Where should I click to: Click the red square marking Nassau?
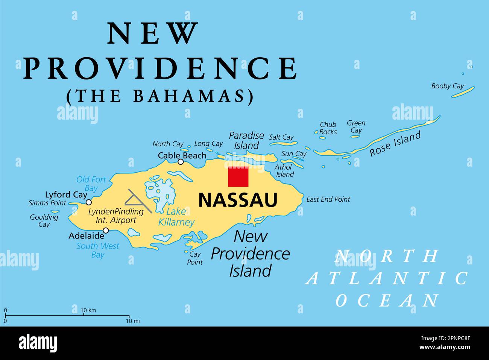pyautogui.click(x=238, y=176)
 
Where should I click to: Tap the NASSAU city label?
pyautogui.click(x=238, y=200)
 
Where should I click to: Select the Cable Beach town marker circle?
pyautogui.click(x=181, y=162)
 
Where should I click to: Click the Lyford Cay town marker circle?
pyautogui.click(x=89, y=202)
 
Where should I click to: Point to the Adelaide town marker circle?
pyautogui.click(x=106, y=230)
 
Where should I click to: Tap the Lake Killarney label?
pyautogui.click(x=176, y=217)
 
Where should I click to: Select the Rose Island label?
pyautogui.click(x=395, y=144)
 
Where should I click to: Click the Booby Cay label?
pyautogui.click(x=447, y=86)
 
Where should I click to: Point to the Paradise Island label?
pyautogui.click(x=246, y=140)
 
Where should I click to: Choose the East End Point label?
pyautogui.click(x=328, y=199)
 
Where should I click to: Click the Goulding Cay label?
pyautogui.click(x=44, y=221)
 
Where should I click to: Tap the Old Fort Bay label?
pyautogui.click(x=91, y=184)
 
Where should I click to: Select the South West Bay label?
pyautogui.click(x=98, y=250)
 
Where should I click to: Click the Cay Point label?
pyautogui.click(x=195, y=258)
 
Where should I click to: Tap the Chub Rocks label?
pyautogui.click(x=328, y=128)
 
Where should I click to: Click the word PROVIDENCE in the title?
pyautogui.click(x=160, y=68)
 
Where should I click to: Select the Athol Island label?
pyautogui.click(x=284, y=170)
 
